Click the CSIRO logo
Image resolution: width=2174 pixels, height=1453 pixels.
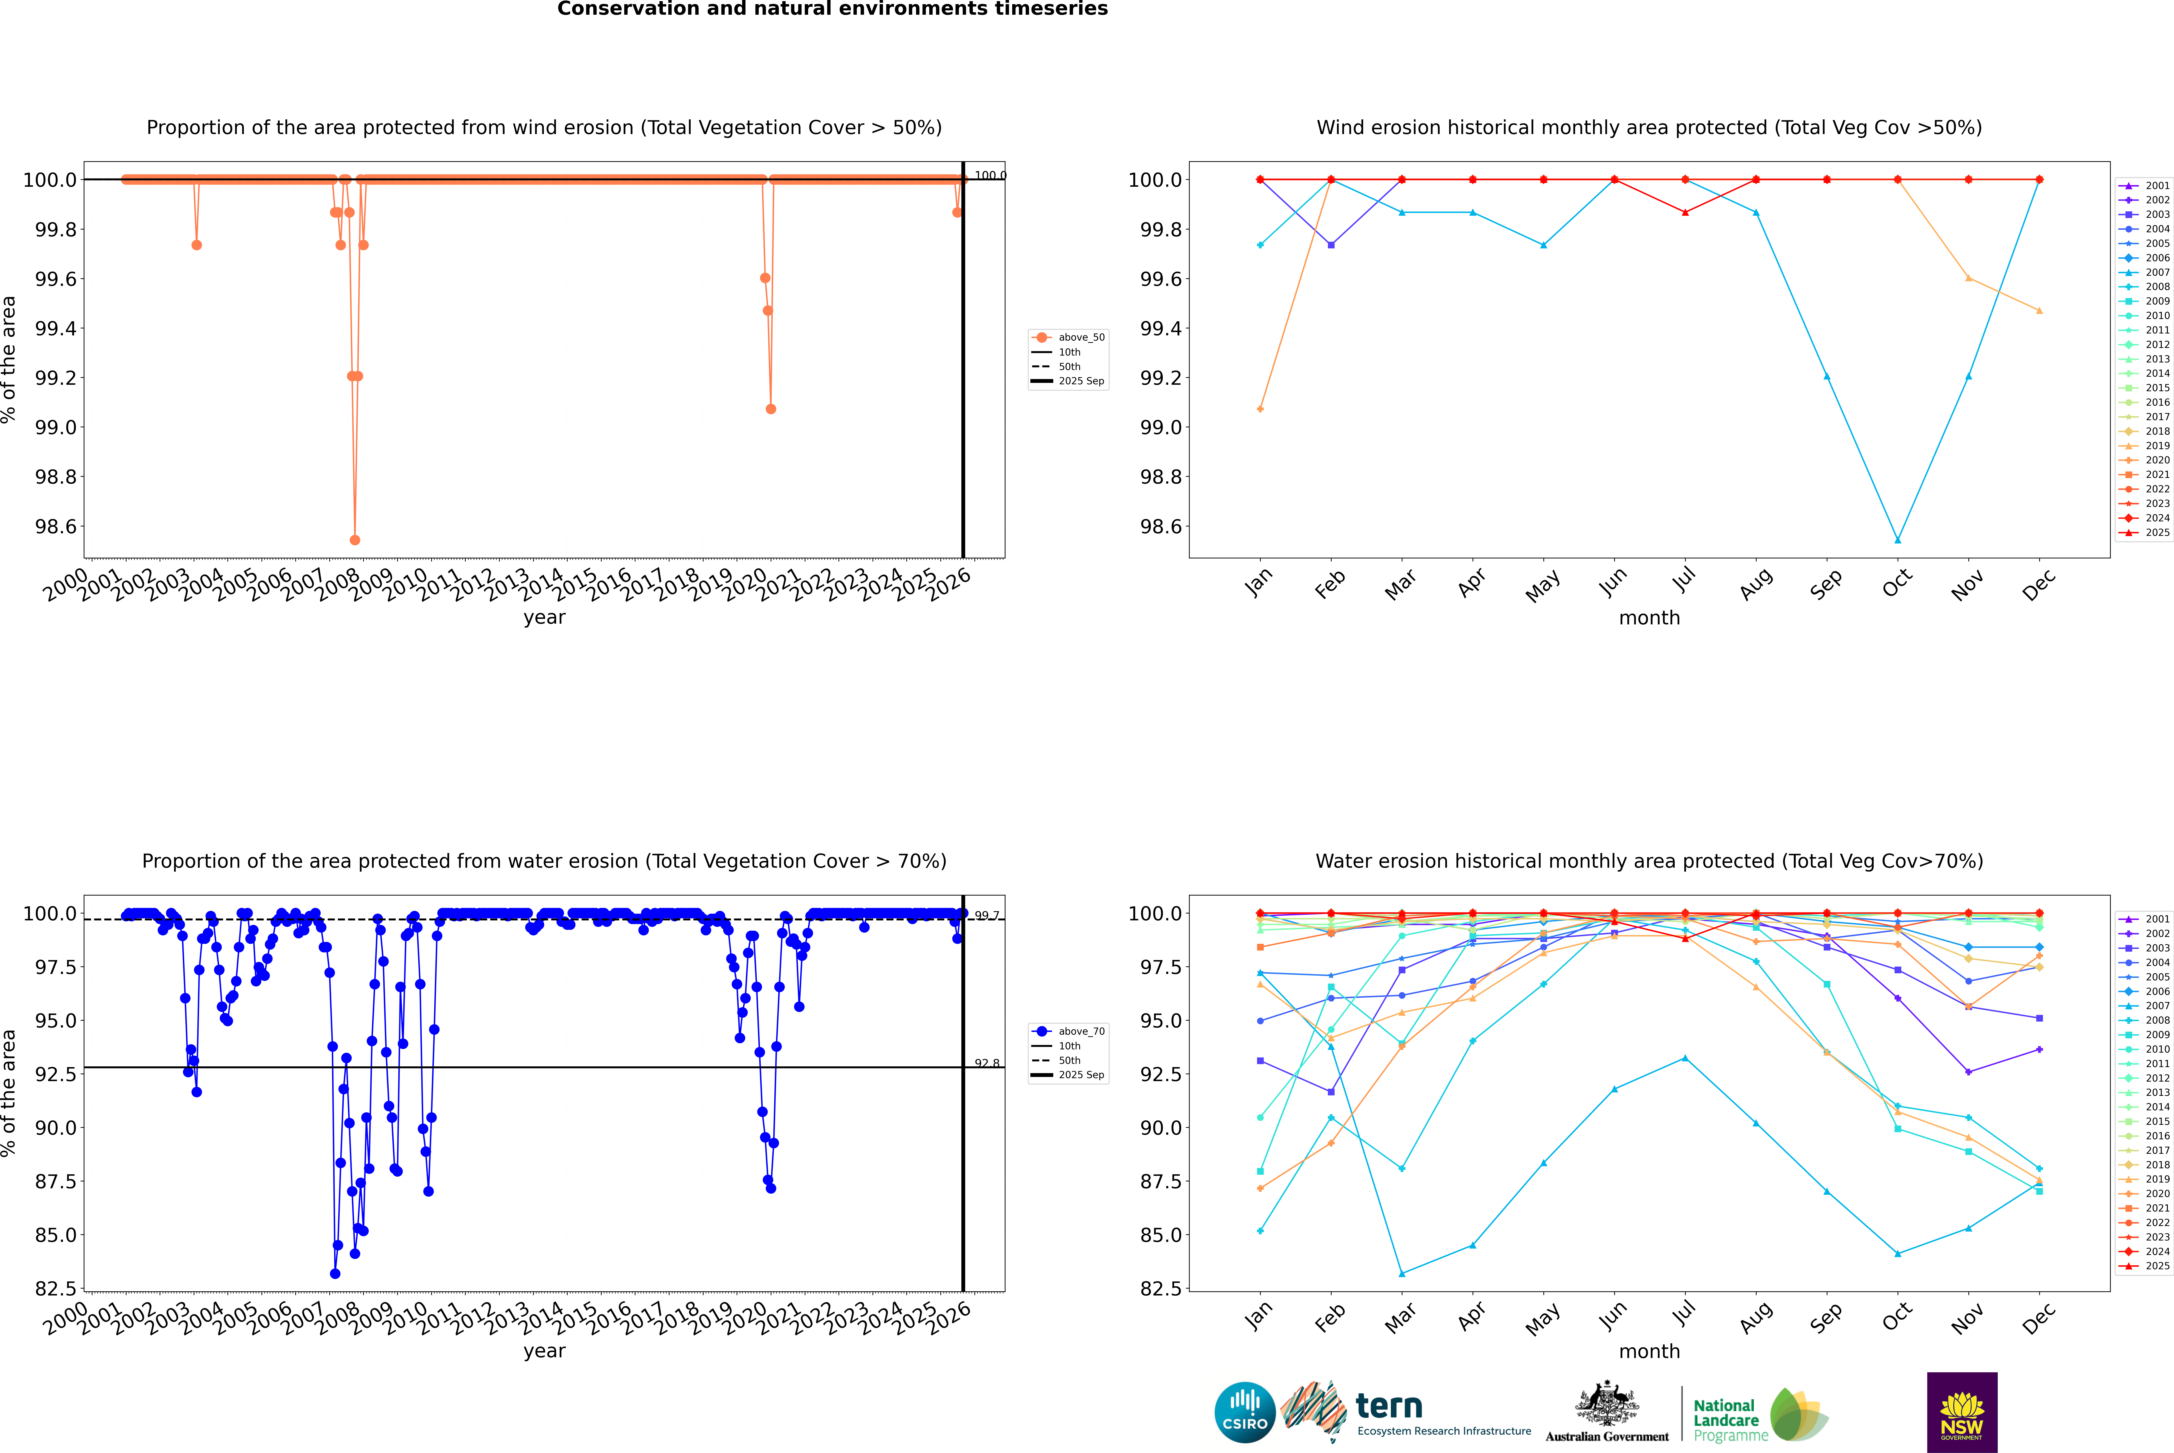tap(1245, 1412)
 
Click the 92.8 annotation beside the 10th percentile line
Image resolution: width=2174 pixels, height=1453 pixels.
tap(987, 1064)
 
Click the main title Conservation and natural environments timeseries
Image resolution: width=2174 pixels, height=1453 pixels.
tap(832, 9)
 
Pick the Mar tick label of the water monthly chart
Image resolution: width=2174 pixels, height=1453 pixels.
tap(1399, 1317)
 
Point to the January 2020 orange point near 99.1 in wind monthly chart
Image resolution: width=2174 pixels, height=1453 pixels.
tap(1260, 409)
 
